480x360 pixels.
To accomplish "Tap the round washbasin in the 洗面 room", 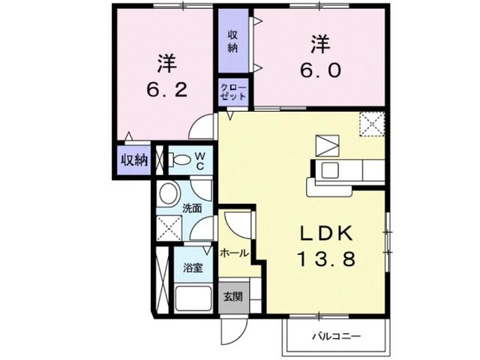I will tap(168, 191).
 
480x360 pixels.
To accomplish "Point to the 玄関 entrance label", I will tap(232, 295).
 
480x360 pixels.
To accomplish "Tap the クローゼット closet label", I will tap(232, 93).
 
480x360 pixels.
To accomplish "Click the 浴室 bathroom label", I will tap(192, 268).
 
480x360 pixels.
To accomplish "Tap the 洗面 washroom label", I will tap(191, 208).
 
